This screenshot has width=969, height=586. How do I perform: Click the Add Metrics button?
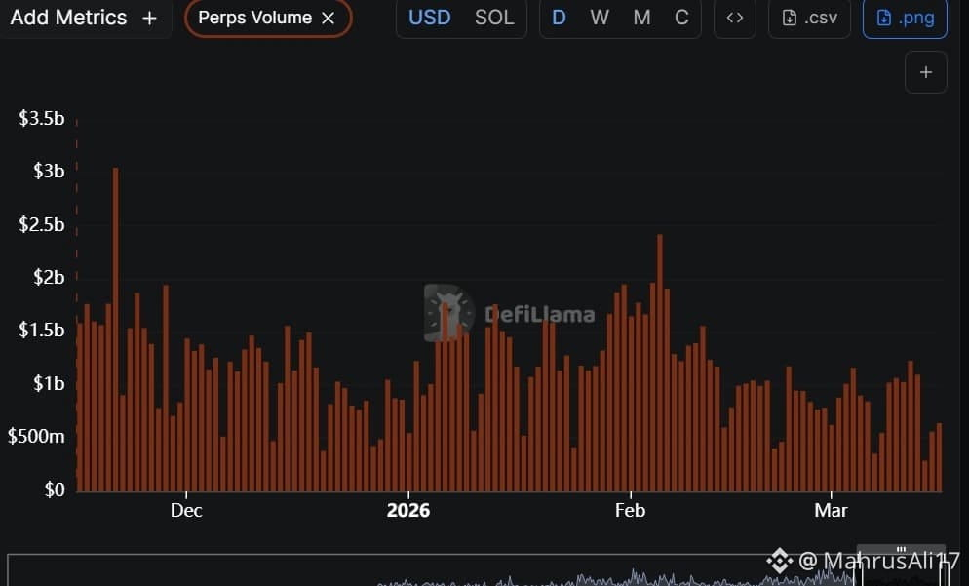(x=80, y=18)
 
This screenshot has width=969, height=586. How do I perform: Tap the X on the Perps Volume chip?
(x=329, y=18)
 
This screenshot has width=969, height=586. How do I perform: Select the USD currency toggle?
(x=429, y=18)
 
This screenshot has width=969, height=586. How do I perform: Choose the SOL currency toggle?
(x=494, y=18)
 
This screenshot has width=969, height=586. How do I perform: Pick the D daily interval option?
(x=559, y=18)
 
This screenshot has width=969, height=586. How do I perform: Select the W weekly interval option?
(x=600, y=18)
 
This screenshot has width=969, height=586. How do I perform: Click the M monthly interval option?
(x=641, y=18)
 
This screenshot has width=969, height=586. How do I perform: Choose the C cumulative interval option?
(x=681, y=18)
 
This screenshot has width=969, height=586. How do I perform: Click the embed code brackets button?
(x=735, y=18)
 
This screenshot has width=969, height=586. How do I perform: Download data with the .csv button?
(x=809, y=18)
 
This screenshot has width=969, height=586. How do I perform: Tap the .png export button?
(x=905, y=18)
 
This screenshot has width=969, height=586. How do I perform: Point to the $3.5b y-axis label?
(x=42, y=119)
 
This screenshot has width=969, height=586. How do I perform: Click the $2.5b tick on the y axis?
(x=42, y=224)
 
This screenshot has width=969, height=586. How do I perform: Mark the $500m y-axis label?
(x=36, y=436)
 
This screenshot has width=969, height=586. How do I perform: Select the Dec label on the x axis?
(x=185, y=510)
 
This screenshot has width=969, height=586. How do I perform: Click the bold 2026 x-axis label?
(x=408, y=510)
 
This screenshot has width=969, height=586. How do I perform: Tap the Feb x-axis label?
(x=630, y=510)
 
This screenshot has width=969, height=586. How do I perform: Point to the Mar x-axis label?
(x=831, y=510)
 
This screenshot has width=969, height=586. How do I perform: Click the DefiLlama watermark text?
(x=539, y=315)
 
